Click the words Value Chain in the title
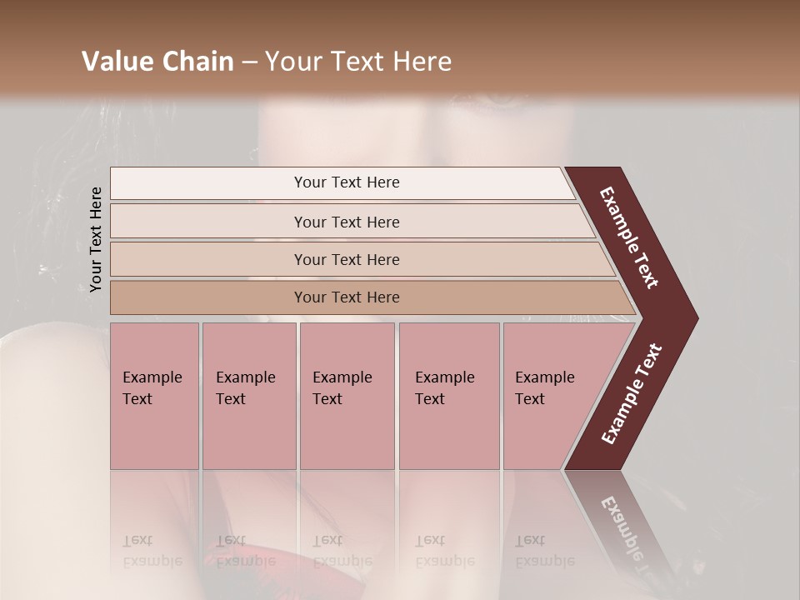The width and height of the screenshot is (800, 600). [157, 62]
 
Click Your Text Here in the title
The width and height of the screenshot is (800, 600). [357, 62]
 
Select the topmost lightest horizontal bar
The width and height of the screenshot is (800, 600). [342, 182]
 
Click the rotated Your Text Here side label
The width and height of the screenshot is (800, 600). [96, 239]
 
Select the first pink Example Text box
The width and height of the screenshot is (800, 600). [154, 395]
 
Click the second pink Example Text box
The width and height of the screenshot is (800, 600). [248, 395]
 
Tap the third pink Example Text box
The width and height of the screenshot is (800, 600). [347, 395]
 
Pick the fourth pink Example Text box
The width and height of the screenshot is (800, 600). [448, 395]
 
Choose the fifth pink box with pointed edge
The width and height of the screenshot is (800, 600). [550, 395]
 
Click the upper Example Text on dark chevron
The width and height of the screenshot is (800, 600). [630, 237]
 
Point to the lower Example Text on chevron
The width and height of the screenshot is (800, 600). [632, 393]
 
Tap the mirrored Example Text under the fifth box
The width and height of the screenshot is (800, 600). [544, 552]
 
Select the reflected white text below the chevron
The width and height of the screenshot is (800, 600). [630, 533]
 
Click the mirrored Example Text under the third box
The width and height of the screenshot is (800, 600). [342, 552]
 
